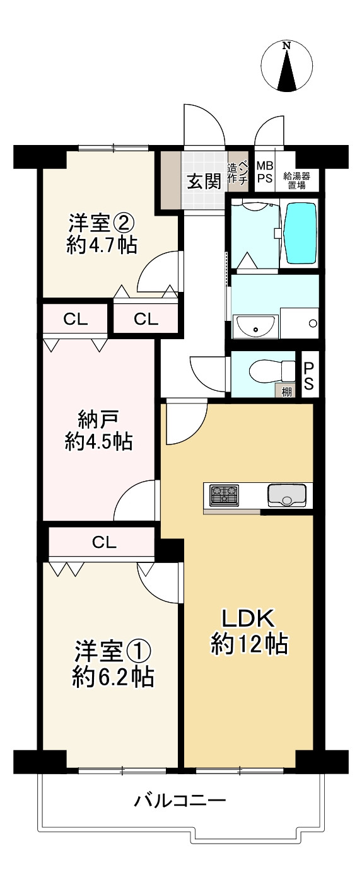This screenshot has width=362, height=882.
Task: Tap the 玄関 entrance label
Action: tap(203, 182)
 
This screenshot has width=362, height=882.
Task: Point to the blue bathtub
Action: tap(300, 233)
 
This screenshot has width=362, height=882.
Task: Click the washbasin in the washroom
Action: tap(255, 326)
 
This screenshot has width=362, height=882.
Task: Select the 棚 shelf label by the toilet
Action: tap(287, 391)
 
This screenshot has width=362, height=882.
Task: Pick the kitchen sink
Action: tap(286, 495)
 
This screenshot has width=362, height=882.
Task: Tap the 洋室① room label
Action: tap(113, 663)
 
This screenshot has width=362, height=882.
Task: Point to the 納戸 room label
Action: tap(98, 431)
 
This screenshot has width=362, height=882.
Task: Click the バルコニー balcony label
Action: tap(180, 803)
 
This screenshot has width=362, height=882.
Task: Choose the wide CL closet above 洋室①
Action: tap(102, 542)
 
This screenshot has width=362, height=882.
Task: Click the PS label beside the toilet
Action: tap(309, 376)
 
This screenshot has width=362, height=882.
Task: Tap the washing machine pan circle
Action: tap(313, 324)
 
